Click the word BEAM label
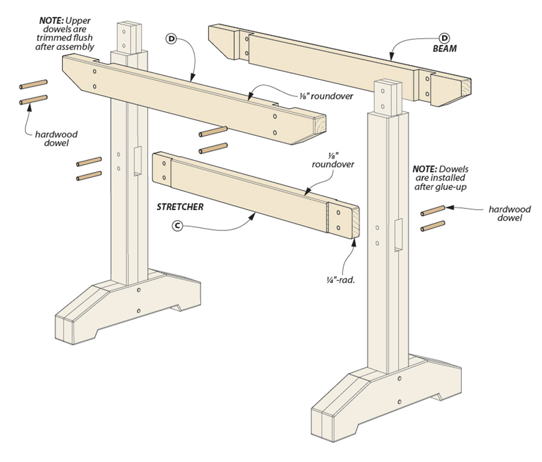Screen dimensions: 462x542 pyautogui.click(x=444, y=49)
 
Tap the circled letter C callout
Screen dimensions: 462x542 pyautogui.click(x=176, y=226)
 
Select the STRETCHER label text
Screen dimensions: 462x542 pyautogui.click(x=180, y=208)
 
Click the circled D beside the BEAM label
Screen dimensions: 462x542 pyautogui.click(x=444, y=38)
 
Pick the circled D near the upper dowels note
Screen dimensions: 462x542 pyautogui.click(x=172, y=39)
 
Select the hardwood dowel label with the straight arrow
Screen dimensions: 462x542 pyautogui.click(x=509, y=214)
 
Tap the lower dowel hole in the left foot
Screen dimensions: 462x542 pyautogui.click(x=138, y=310)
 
